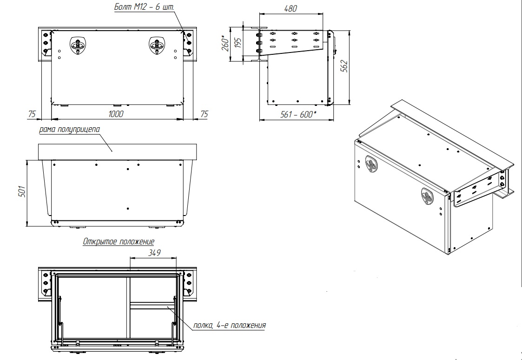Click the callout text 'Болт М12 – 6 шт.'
click(x=144, y=7)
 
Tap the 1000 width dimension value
click(x=116, y=114)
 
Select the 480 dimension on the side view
click(x=291, y=8)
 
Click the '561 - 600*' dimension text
click(x=298, y=114)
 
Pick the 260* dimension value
click(x=225, y=43)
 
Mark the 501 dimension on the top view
click(x=22, y=192)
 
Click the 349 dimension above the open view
click(x=154, y=253)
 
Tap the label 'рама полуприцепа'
click(x=69, y=130)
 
